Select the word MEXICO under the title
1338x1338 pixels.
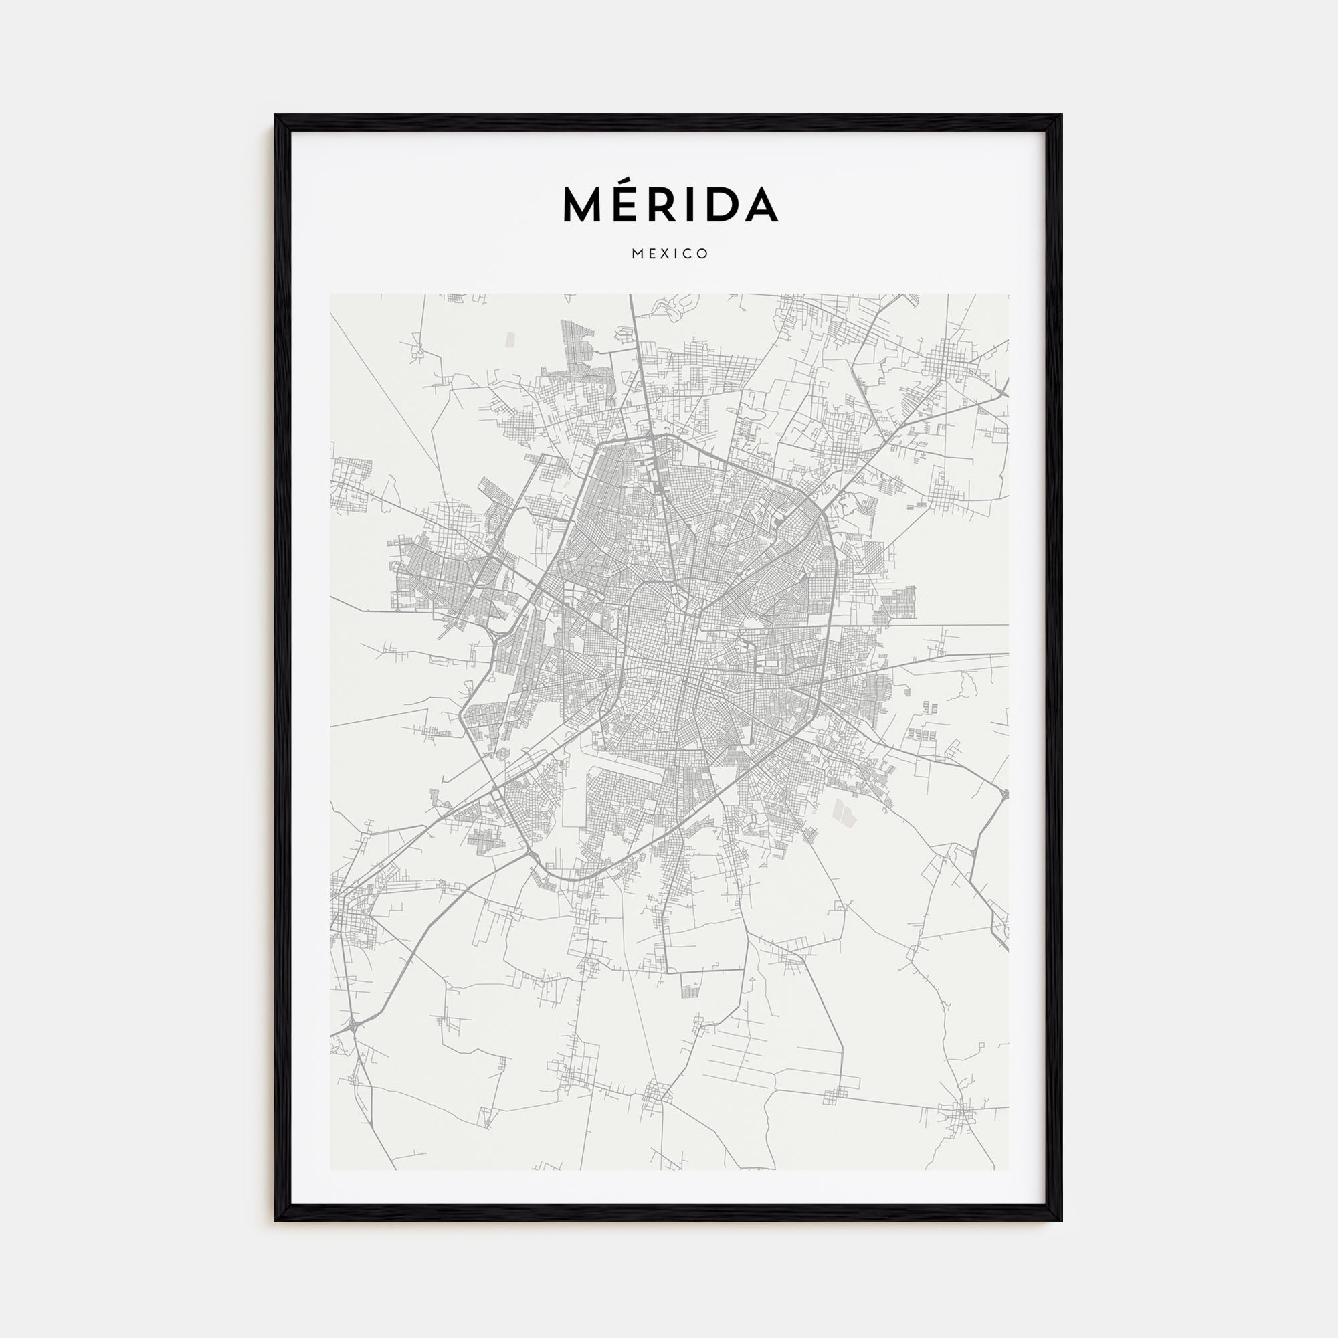669,254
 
